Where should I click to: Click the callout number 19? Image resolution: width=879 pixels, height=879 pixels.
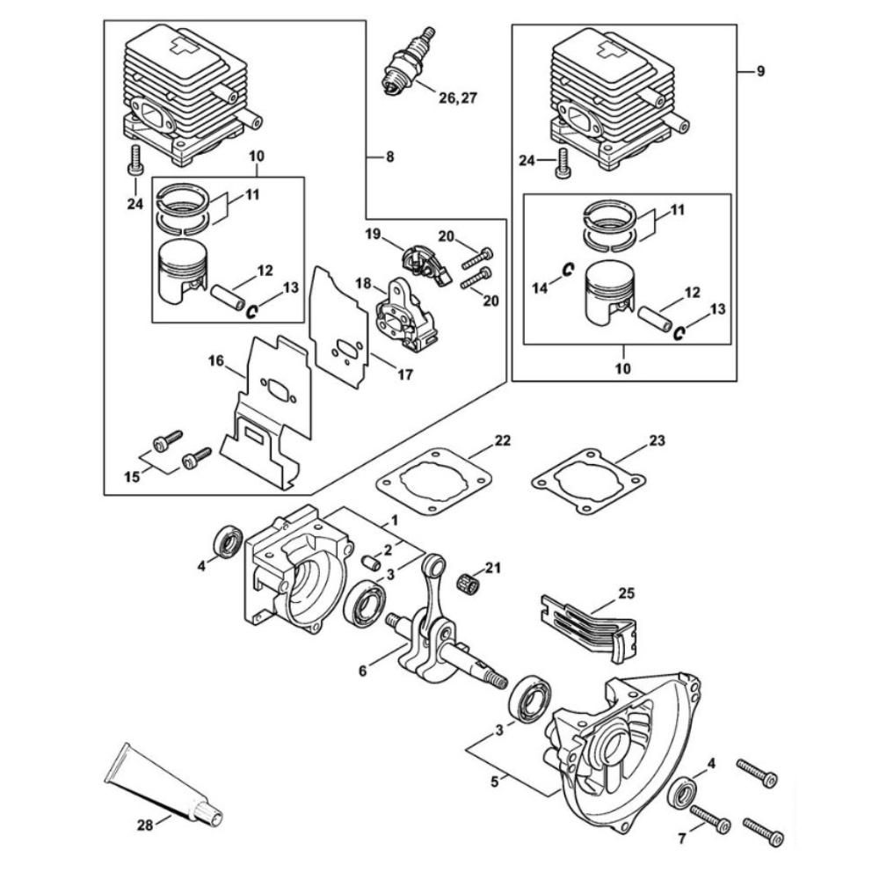click(x=374, y=234)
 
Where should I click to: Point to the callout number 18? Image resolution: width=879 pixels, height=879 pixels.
click(x=362, y=284)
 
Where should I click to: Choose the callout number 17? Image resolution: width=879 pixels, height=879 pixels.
click(x=404, y=374)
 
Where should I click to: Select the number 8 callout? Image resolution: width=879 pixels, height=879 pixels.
click(x=389, y=156)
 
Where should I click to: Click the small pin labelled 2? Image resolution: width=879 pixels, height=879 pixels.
click(x=372, y=560)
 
